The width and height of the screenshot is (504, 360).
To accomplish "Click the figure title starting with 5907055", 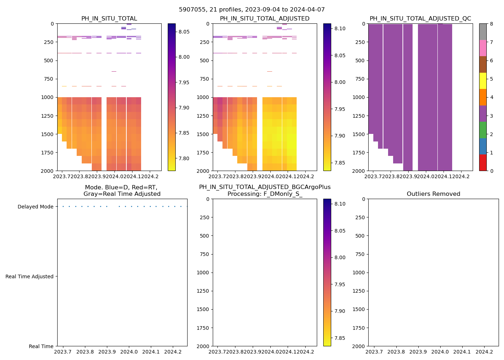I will [x=252, y=10].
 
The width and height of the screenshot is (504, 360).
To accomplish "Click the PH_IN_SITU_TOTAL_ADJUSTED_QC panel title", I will [x=420, y=19].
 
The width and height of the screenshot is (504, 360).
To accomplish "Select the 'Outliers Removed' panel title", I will [x=433, y=194].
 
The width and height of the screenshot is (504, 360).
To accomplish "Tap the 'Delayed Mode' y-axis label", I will [x=35, y=207].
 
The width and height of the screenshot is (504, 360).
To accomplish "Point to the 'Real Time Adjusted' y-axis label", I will [x=30, y=276].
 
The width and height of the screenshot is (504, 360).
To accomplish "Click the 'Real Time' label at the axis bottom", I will [x=41, y=346].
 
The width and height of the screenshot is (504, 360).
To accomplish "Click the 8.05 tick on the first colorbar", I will [x=184, y=32].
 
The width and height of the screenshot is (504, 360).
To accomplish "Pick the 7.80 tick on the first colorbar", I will [x=184, y=158].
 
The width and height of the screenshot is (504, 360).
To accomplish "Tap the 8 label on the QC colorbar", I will [x=491, y=24].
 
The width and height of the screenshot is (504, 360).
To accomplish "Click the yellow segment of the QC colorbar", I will [x=483, y=81].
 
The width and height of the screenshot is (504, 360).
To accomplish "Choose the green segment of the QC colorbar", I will [x=483, y=130].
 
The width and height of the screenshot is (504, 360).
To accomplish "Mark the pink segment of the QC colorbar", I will [x=483, y=48].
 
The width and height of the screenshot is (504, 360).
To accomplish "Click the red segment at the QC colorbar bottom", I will [x=483, y=162].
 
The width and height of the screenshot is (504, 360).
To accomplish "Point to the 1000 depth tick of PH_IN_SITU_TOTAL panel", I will [x=48, y=97].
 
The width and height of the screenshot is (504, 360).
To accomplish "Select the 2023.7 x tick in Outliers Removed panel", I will [x=374, y=352].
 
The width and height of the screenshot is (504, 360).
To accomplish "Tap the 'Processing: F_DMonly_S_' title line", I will [x=265, y=194].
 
